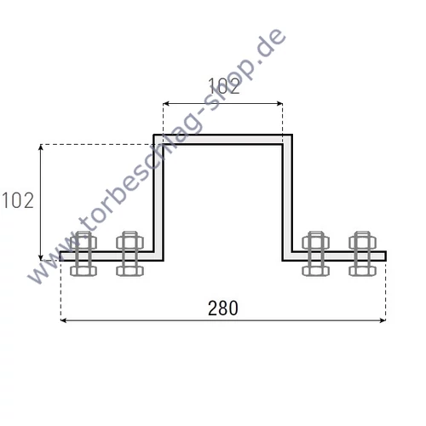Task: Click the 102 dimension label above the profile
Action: tap(223, 84)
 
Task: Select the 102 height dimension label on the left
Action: tap(18, 201)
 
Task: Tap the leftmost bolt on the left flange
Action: tap(84, 254)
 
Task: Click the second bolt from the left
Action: tap(130, 254)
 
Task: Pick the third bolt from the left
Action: tap(316, 254)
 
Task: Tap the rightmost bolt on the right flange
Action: tap(362, 254)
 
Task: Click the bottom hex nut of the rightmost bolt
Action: tap(362, 271)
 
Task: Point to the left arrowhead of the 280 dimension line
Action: tap(64, 321)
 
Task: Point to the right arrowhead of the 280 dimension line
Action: tap(383, 321)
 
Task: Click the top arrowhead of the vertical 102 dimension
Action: tap(41, 147)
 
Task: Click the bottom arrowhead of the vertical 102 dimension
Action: tap(41, 256)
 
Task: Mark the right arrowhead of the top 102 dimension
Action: tap(279, 104)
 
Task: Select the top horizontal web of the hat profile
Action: tap(223, 140)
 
